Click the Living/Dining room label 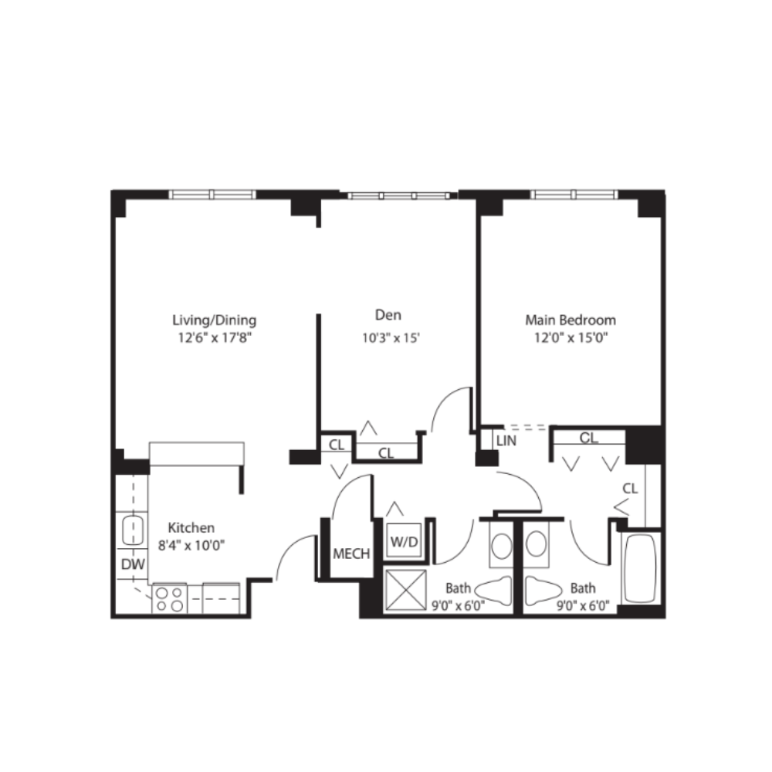(x=213, y=320)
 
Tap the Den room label (x=388, y=315)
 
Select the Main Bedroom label (x=571, y=320)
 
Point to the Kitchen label (x=191, y=528)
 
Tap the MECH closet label (x=351, y=554)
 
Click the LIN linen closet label (x=506, y=441)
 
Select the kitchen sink (x=134, y=531)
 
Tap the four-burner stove (x=170, y=599)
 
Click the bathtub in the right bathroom (x=640, y=569)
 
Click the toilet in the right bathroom (x=543, y=591)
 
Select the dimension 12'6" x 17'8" (x=213, y=337)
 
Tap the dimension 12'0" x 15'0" (x=571, y=337)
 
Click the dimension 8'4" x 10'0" (x=191, y=546)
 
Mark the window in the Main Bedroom (x=573, y=194)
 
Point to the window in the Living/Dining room (x=212, y=194)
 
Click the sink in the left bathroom (x=500, y=546)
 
